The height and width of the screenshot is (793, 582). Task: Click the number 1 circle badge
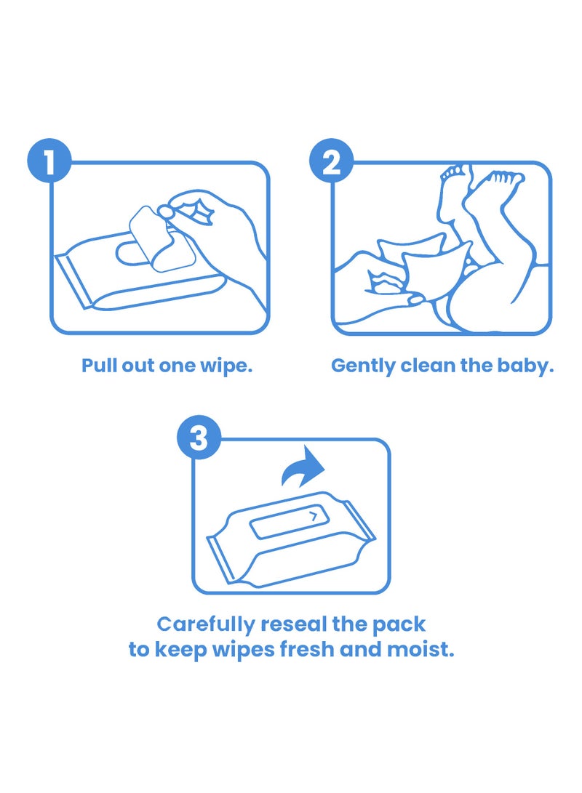49,163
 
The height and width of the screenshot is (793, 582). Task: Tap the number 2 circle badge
331,163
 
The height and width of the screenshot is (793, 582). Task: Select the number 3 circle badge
199,439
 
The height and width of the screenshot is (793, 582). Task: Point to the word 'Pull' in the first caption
99,365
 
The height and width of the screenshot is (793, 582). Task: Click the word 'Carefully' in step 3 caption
205,624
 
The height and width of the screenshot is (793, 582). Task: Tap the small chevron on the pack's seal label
313,517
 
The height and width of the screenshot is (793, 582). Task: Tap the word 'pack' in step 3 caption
402,624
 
